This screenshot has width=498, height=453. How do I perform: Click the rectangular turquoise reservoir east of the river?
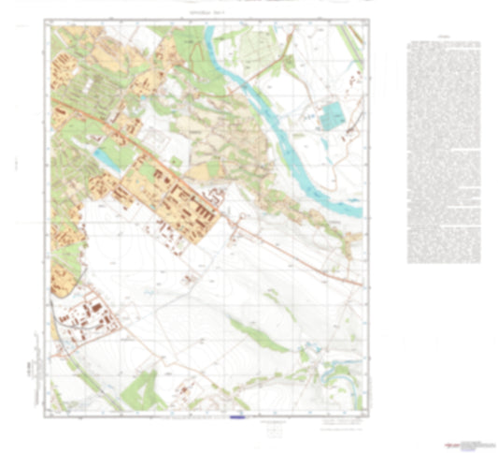[x=332, y=118]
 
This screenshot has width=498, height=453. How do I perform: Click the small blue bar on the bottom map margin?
[x=236, y=415]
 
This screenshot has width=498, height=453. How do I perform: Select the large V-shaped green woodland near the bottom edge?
[x=140, y=386]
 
